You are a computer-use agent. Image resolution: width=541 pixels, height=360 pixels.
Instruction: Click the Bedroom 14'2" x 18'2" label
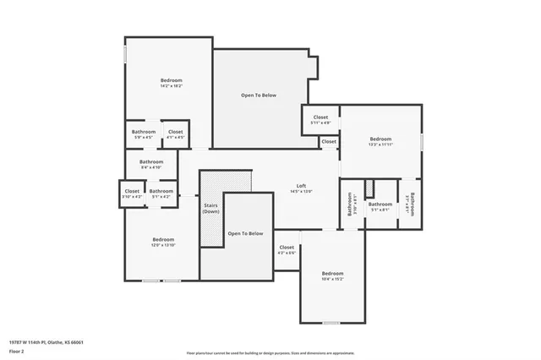[x=172, y=83]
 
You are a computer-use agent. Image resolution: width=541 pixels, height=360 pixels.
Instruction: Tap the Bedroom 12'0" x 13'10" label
[x=163, y=242]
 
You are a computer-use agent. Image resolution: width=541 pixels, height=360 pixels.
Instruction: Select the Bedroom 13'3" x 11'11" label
[x=380, y=141]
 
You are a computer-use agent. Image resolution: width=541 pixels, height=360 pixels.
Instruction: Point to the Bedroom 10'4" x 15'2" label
[x=332, y=275]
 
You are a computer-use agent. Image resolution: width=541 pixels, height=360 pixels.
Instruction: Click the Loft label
[x=301, y=188]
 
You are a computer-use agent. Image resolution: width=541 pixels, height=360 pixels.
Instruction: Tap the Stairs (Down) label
[x=211, y=209]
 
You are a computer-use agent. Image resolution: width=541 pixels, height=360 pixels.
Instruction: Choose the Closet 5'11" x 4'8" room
[x=320, y=120]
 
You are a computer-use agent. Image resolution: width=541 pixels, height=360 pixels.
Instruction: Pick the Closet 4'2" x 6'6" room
[x=287, y=250]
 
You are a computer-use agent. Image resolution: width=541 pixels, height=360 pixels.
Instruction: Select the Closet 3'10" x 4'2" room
[x=133, y=194]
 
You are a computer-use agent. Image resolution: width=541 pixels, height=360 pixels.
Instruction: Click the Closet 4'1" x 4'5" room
[x=175, y=134]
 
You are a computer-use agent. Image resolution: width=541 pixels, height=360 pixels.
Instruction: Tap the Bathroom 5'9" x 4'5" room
[x=143, y=134]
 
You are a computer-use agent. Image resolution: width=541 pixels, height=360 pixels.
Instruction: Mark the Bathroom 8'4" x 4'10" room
[x=151, y=163]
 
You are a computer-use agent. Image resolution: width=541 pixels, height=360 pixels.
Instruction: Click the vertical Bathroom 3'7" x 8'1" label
[x=410, y=203]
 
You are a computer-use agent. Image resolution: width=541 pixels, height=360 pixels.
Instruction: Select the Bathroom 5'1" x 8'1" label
[x=380, y=205]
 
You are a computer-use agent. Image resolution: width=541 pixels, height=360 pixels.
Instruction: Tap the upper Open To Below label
[x=258, y=95]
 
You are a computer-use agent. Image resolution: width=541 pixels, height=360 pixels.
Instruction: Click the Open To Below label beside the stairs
[x=245, y=233]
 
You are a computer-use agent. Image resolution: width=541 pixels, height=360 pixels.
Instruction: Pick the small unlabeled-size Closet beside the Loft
[x=329, y=142]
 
